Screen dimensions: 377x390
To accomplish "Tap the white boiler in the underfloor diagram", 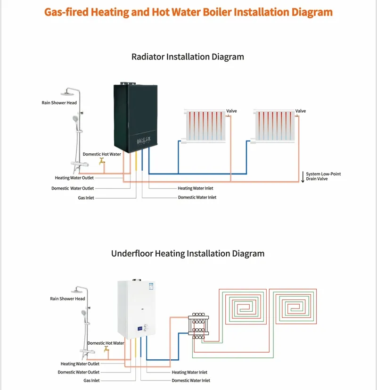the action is [x=137, y=309].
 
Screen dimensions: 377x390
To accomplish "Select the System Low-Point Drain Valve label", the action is [x=323, y=176].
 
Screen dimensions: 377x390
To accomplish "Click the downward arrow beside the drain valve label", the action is [x=303, y=177].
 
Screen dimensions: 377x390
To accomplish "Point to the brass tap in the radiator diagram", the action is [x=102, y=161].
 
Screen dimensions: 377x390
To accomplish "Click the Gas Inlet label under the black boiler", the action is [x=86, y=198].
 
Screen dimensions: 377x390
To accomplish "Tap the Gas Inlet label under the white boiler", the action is [x=91, y=381].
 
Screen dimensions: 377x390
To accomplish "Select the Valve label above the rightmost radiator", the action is [x=301, y=111].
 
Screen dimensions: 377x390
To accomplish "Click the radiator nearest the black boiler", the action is [x=205, y=126].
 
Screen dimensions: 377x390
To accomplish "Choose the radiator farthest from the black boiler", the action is [x=274, y=126].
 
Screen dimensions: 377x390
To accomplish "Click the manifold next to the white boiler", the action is [x=198, y=326].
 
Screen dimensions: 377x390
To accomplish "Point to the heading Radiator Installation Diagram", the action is [x=188, y=57].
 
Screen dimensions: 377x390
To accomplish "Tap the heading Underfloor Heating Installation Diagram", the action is [x=188, y=253].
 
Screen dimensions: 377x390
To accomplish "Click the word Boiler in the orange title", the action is [x=217, y=12].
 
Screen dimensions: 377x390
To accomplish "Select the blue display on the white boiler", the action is [x=140, y=329].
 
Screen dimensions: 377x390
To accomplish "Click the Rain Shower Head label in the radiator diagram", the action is [x=59, y=103].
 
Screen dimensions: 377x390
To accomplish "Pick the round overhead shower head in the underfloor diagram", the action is [x=76, y=291].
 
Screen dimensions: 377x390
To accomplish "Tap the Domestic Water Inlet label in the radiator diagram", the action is [x=197, y=197].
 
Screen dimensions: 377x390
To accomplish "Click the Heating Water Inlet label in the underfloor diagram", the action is [x=189, y=373].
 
